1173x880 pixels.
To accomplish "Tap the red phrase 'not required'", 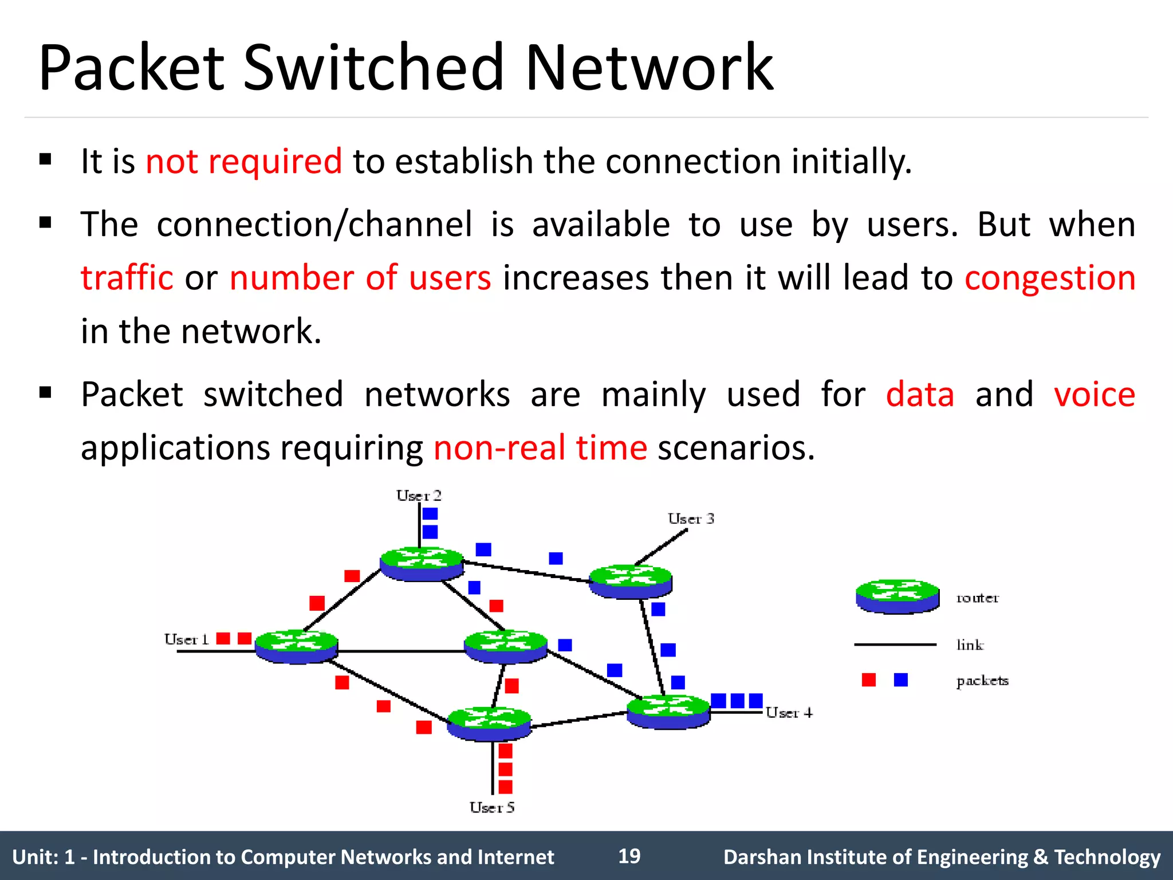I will tap(243, 161).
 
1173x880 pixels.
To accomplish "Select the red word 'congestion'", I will tap(1049, 278).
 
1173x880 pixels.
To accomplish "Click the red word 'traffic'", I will tap(127, 278).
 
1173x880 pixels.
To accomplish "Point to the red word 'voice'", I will tap(1094, 395).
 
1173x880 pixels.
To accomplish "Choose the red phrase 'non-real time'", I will tap(540, 447).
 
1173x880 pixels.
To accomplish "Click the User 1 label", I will tap(186, 639).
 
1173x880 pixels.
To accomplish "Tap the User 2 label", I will tap(419, 496).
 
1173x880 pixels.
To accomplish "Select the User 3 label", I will tap(690, 518).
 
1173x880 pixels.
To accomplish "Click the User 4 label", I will tap(789, 713).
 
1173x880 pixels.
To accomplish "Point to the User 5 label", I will tap(491, 807).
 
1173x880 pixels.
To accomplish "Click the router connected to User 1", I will tap(296, 647).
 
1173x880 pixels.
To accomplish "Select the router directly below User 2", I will tap(422, 564).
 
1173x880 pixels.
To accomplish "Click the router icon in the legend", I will tap(897, 596).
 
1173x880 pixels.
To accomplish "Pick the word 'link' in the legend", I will tap(969, 645).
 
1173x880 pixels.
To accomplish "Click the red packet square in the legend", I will tap(868, 680).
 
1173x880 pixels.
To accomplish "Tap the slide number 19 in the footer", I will tap(629, 856).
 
